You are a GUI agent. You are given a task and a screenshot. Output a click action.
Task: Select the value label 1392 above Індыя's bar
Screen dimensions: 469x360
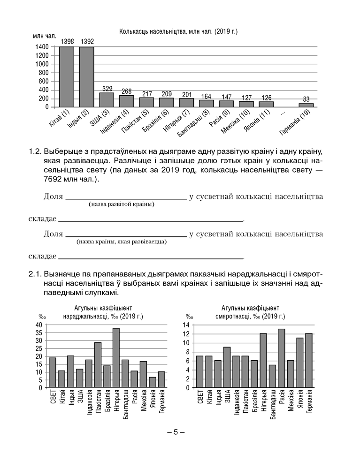[87, 42]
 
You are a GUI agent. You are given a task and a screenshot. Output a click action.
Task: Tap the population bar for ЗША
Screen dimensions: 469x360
[107, 99]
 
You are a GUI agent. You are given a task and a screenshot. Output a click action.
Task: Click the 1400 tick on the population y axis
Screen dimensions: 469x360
[41, 47]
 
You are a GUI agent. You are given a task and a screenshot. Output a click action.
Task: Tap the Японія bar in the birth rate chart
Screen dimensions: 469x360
[152, 382]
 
